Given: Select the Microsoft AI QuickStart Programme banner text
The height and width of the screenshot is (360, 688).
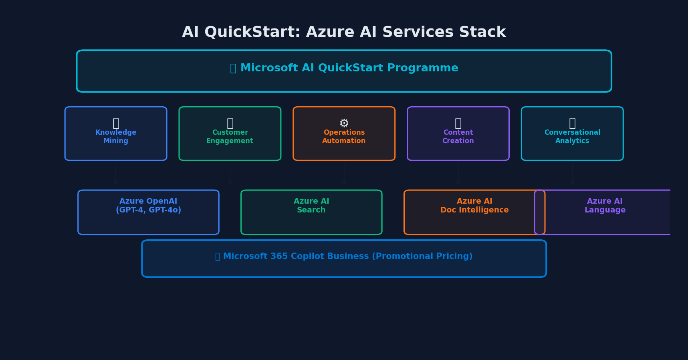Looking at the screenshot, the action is (349, 68).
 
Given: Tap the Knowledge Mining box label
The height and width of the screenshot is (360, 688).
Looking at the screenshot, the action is (116, 137).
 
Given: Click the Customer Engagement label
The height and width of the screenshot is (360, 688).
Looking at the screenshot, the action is (230, 137).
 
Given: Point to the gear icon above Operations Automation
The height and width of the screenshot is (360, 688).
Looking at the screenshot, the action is (344, 123).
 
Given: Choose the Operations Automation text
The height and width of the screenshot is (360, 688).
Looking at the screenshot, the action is (344, 137).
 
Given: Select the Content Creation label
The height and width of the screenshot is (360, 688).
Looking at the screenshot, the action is (458, 137).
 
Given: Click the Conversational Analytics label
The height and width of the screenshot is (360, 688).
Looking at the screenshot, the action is (572, 137).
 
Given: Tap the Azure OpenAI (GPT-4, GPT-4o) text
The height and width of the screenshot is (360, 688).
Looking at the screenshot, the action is (148, 206).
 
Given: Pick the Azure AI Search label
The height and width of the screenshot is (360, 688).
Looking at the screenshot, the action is (311, 206).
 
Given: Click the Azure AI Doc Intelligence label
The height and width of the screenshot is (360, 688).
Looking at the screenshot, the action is (474, 206).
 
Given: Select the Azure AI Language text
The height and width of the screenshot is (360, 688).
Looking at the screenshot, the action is (605, 206).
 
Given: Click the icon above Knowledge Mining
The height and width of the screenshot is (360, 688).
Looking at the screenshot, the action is (116, 123).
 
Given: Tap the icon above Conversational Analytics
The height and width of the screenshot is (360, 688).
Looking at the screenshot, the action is (572, 123).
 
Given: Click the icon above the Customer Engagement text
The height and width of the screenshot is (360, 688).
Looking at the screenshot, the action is (230, 123).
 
